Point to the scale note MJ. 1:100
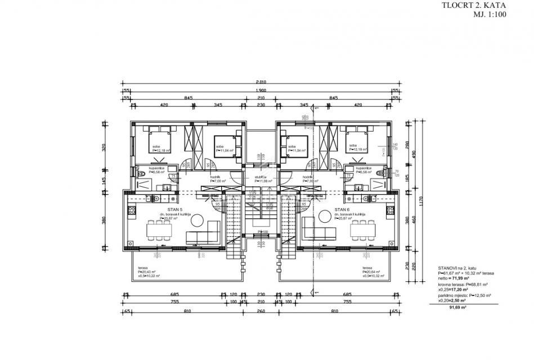pos(490,15)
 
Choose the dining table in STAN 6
pos(363,229)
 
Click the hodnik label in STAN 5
pos(215,177)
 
